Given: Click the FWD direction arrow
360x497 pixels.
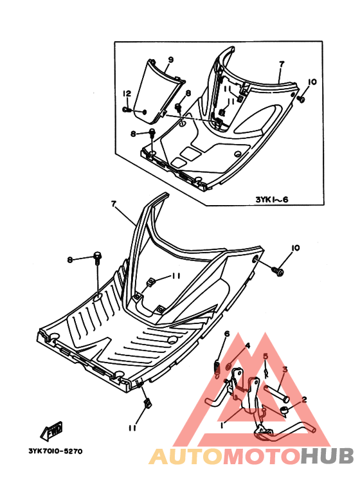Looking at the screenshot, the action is click(51, 431).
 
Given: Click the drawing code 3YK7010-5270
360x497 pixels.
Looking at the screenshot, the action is click(55, 451).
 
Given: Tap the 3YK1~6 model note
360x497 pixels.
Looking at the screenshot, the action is click(272, 200).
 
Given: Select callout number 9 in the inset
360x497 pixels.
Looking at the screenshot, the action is click(170, 60).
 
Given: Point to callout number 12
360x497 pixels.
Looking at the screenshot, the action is click(127, 93).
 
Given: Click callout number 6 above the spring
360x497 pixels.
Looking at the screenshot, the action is click(227, 334).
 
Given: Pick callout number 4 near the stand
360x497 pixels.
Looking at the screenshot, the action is click(248, 345).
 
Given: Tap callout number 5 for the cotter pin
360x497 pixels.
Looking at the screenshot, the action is click(266, 356).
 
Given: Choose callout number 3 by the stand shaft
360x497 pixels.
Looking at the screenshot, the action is click(285, 370).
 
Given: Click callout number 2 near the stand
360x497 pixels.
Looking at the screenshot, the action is click(304, 399).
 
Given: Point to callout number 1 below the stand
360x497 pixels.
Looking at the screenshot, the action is click(223, 424).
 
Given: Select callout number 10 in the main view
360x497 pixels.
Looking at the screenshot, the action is click(295, 248).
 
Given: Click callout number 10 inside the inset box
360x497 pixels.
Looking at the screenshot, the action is click(312, 82).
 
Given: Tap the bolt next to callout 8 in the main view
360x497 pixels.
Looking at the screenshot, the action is click(97, 258).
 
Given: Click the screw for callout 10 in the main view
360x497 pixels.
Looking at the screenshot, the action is click(277, 271).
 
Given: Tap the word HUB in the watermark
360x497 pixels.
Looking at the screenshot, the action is click(327, 456).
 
